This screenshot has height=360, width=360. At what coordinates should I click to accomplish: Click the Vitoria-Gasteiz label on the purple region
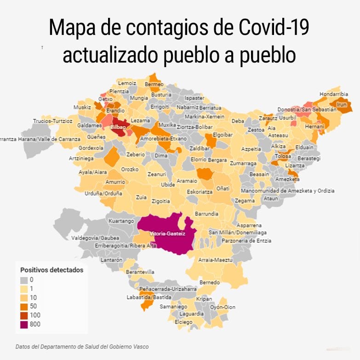pyautogui.click(x=167, y=234)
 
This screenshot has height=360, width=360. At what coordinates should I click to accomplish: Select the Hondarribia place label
pyautogui.click(x=334, y=94)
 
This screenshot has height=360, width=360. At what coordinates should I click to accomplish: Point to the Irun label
pyautogui.click(x=342, y=104)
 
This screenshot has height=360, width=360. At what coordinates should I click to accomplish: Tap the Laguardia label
pyautogui.click(x=191, y=314)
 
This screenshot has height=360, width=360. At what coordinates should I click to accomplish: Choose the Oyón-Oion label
pyautogui.click(x=223, y=307)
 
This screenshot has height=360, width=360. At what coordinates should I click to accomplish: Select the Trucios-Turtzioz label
pyautogui.click(x=52, y=121)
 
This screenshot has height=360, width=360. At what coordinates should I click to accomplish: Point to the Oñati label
pyautogui.click(x=223, y=188)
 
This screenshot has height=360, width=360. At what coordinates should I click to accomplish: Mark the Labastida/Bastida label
pyautogui.click(x=145, y=297)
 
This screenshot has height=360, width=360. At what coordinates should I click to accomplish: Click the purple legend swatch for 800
pyautogui.click(x=24, y=325)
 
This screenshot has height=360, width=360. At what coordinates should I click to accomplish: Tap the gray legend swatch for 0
pyautogui.click(x=24, y=280)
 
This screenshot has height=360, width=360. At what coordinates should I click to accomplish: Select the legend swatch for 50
pyautogui.click(x=24, y=307)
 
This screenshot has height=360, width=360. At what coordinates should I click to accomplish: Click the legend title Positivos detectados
pyautogui.click(x=52, y=270)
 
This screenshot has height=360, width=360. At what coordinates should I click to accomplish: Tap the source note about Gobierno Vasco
pyautogui.click(x=82, y=347)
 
